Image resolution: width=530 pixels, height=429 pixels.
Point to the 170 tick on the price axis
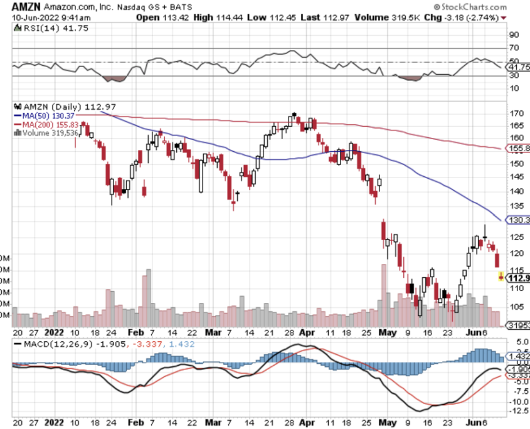(516, 114)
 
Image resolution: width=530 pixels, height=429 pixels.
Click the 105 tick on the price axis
(516, 307)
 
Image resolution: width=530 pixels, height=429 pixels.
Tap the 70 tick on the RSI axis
(513, 48)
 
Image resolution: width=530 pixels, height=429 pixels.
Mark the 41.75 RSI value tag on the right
(517, 66)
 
